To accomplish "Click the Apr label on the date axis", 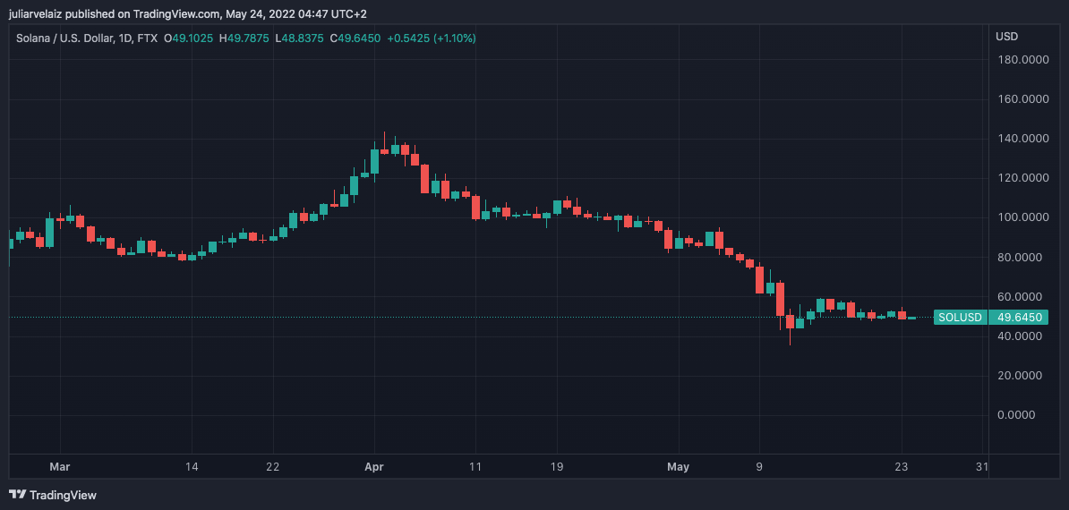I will coord(374,467).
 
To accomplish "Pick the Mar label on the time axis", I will coord(60,467).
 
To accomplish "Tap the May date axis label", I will coord(679,467).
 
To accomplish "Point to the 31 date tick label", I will coord(982,467).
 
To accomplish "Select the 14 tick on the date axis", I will coord(191,467).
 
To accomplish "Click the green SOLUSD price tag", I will coord(960,318).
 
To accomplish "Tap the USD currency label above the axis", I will coord(1007,37).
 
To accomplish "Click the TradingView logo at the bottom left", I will coord(53,495).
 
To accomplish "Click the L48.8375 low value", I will coord(302,38).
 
